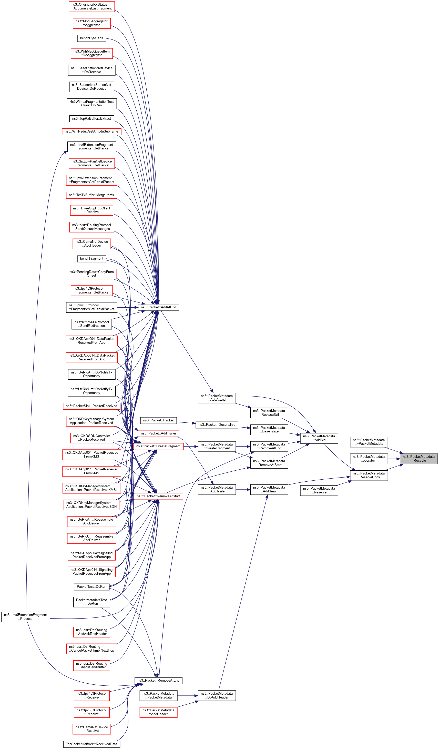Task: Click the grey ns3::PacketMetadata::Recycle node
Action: pos(418,459)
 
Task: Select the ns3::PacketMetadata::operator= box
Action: pos(369,459)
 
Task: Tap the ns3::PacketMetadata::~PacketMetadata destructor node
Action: pos(369,442)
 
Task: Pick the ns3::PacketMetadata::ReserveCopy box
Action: pos(369,475)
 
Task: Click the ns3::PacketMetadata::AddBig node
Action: pos(319,438)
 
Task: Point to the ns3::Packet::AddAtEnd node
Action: pos(158,307)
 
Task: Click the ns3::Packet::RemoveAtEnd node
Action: pos(158,681)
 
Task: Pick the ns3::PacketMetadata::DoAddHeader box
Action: pos(217,695)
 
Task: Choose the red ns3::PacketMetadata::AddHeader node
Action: pos(158,712)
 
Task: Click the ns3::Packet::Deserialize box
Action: pos(217,425)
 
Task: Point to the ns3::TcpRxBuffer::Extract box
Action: pos(91,119)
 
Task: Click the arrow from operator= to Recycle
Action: pos(394,459)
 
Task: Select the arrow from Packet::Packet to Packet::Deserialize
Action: pos(186,422)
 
